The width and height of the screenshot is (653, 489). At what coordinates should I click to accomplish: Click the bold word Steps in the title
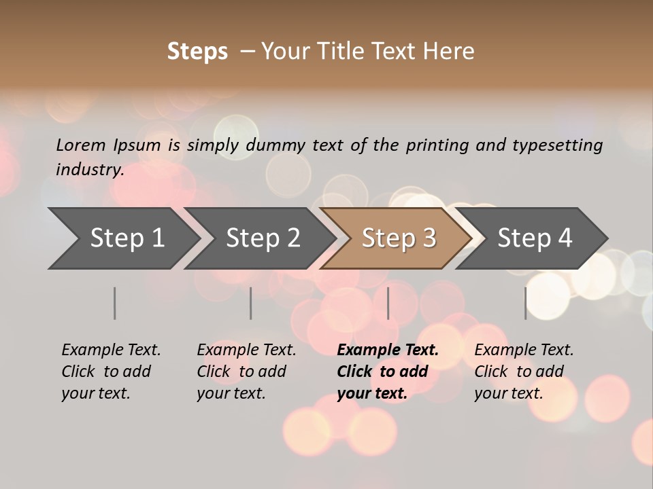[x=197, y=52]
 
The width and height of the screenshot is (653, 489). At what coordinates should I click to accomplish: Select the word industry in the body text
[x=89, y=170]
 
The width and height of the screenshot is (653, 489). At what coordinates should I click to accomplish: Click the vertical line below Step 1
[x=115, y=303]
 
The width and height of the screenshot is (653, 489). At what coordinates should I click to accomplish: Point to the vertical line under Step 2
[x=251, y=303]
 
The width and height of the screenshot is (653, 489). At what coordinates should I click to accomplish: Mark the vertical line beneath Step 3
[x=388, y=303]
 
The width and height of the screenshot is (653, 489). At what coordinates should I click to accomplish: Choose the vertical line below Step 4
[x=525, y=303]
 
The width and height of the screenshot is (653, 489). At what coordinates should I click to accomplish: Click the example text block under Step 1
[x=111, y=372]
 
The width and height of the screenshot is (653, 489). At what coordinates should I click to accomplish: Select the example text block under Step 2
[x=246, y=372]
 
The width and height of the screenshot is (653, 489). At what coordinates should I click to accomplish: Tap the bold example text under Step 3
[x=388, y=372]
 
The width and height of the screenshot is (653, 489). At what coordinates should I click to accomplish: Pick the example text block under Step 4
[x=524, y=372]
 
